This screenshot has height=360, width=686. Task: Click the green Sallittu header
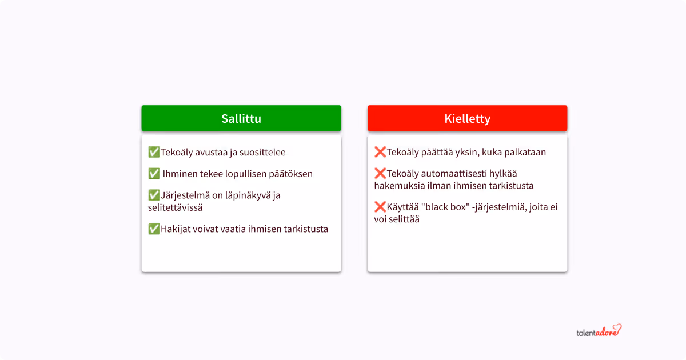coord(241,118)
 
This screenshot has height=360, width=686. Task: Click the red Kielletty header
coord(467,118)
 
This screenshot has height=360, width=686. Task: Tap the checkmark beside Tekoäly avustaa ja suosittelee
coord(154,152)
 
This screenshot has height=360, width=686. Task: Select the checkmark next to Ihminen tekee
coord(154,174)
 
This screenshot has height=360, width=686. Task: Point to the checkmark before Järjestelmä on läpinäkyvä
coord(154,195)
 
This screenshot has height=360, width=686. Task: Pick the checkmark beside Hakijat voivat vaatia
coord(154,229)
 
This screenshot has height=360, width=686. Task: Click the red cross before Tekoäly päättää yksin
coord(380,152)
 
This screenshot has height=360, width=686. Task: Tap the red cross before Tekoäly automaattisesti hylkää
coord(380,174)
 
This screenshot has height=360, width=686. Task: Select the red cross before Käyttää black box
coord(380,207)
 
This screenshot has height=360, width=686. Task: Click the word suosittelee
coord(260,153)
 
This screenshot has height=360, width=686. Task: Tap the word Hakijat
coord(175,230)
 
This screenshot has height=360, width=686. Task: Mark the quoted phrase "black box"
coord(444,207)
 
